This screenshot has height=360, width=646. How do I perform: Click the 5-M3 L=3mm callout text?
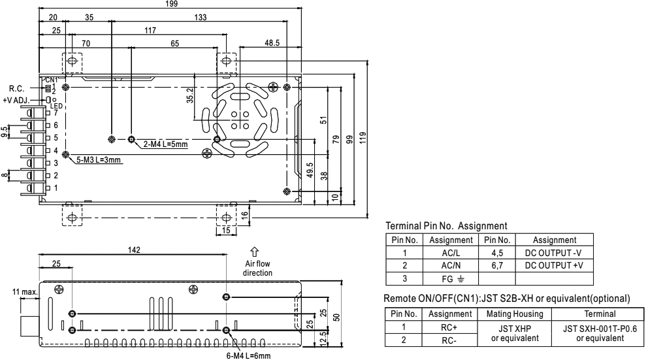(98, 159)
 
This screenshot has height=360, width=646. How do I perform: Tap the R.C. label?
(18, 88)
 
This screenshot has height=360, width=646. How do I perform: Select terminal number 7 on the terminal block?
(56, 112)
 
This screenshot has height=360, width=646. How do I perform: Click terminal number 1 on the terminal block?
(56, 188)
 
